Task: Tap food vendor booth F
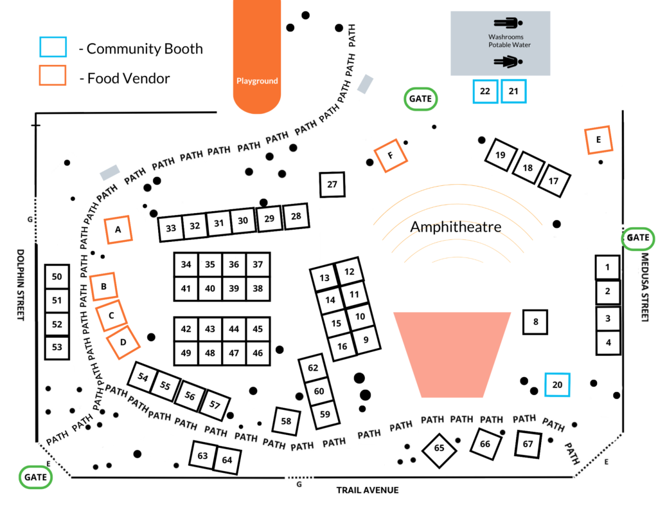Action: coord(390,155)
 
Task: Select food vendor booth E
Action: coord(598,140)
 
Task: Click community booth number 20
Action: coord(557,384)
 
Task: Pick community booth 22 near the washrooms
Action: coord(485,91)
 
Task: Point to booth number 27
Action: coord(332,185)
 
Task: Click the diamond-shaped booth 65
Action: coord(440,448)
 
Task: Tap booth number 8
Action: coord(535,321)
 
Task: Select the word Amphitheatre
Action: coord(456,227)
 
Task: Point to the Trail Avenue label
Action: coord(368,490)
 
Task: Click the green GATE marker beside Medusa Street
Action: coord(638,238)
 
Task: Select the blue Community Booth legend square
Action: coord(53,48)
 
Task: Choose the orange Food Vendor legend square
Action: coord(53,75)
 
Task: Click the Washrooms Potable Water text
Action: coord(510,41)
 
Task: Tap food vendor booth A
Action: coord(118,228)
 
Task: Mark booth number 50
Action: coord(57,277)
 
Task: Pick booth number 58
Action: coord(286,421)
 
